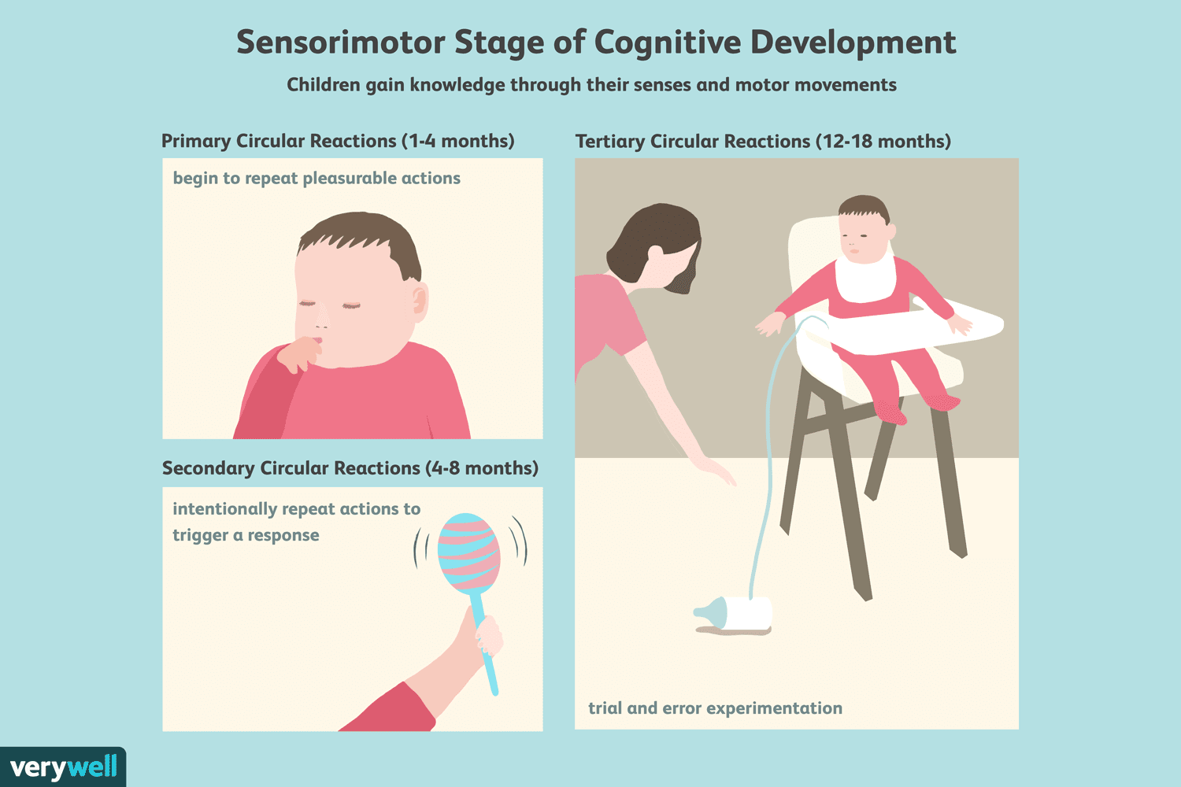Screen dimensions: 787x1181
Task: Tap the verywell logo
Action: tap(63, 767)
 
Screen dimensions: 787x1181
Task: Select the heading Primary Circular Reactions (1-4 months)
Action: tap(338, 141)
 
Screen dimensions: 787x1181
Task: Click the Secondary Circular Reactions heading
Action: tap(350, 468)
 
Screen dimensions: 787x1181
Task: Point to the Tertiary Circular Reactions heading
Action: tap(763, 142)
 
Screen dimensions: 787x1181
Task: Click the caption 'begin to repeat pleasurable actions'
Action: tap(317, 179)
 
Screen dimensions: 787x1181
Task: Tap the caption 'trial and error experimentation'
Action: tap(715, 708)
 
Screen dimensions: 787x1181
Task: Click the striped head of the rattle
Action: tap(469, 553)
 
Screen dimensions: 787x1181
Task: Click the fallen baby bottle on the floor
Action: tap(736, 614)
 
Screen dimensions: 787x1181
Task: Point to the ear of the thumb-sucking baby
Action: tap(419, 302)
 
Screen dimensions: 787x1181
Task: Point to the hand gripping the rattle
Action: tap(487, 634)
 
